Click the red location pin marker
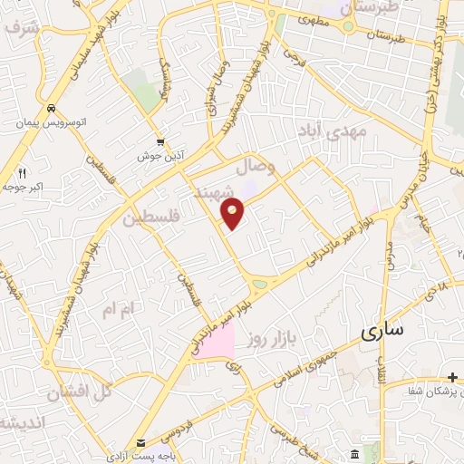[233, 214]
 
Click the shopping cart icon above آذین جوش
[160, 141]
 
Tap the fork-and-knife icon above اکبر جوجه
[23, 172]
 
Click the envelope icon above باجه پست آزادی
[140, 442]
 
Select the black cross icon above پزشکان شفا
[452, 376]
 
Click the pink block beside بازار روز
[213, 339]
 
